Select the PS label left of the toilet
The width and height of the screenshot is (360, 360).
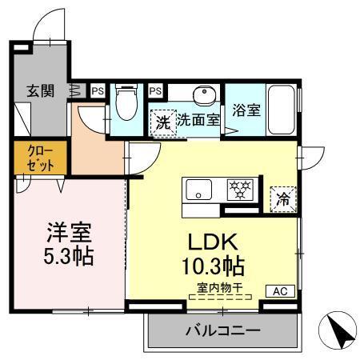96,91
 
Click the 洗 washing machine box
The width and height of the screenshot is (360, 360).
162,123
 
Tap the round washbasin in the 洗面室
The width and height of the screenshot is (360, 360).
205,95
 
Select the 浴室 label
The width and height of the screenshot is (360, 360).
246,110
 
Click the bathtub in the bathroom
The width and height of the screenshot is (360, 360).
282,110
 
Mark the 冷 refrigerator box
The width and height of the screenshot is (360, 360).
282,198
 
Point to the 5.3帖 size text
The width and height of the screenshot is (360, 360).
67,257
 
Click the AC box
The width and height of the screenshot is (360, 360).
282,291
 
